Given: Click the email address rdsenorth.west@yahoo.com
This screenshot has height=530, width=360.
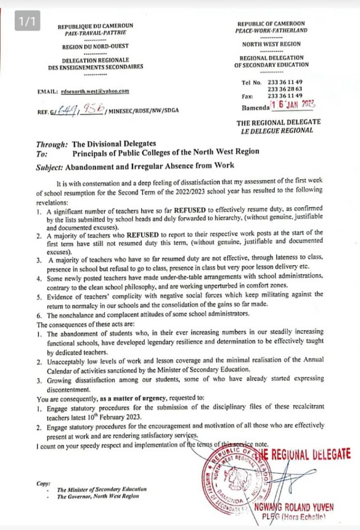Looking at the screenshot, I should pyautogui.click(x=95, y=92).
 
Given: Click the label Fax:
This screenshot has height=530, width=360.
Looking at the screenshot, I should pyautogui.click(x=247, y=96).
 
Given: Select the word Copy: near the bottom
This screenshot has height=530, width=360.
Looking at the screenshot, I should pyautogui.click(x=43, y=483).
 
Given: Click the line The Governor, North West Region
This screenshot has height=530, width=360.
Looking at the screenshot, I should pyautogui.click(x=98, y=497).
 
